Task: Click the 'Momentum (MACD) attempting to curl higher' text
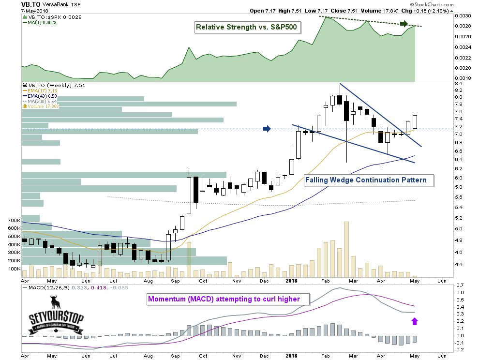pyautogui.click(x=224, y=299)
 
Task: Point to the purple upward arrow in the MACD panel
pyautogui.click(x=414, y=320)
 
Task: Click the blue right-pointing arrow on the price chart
pyautogui.click(x=266, y=129)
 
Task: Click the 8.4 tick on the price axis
pyautogui.click(x=459, y=84)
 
